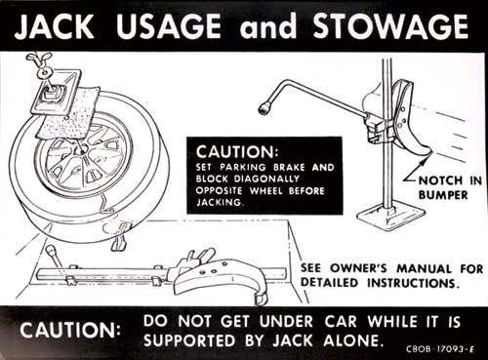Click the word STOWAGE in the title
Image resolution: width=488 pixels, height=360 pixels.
(390, 26)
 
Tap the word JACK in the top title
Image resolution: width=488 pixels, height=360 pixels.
(54, 26)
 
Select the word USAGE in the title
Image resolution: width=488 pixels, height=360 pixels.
(168, 26)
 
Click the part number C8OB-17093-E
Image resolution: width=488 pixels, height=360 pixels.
(440, 349)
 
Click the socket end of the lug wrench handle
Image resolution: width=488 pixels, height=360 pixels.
(264, 108)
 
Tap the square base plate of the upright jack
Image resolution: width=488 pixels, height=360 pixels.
(391, 215)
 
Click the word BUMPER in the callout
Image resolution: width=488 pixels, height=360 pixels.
(443, 195)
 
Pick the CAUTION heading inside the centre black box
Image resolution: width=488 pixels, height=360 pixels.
(237, 151)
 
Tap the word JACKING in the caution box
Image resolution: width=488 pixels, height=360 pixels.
(220, 202)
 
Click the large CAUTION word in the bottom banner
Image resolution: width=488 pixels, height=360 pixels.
(69, 330)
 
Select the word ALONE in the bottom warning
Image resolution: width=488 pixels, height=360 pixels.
(351, 340)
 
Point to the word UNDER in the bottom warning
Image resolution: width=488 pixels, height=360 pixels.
(286, 322)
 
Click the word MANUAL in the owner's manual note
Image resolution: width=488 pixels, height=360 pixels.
(424, 269)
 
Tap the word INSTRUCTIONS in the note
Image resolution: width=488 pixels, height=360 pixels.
(413, 283)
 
